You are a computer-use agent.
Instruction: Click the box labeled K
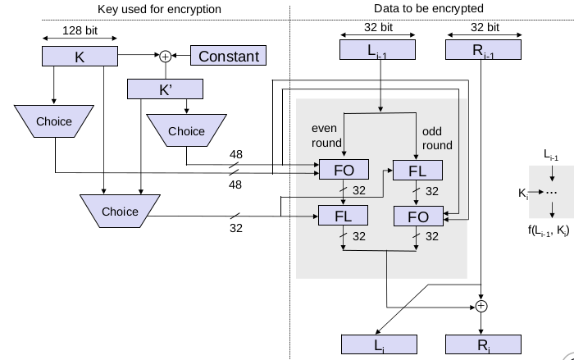(80, 57)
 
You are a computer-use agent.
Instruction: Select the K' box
(166, 89)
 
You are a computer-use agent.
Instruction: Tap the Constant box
(230, 57)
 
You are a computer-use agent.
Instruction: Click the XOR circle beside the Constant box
(166, 57)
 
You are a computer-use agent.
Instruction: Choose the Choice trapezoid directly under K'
(186, 131)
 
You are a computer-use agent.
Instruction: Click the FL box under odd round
(419, 171)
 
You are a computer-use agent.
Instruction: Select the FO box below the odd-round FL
(419, 216)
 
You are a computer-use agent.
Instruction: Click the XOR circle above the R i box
(482, 306)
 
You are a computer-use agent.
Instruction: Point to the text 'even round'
(325, 136)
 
